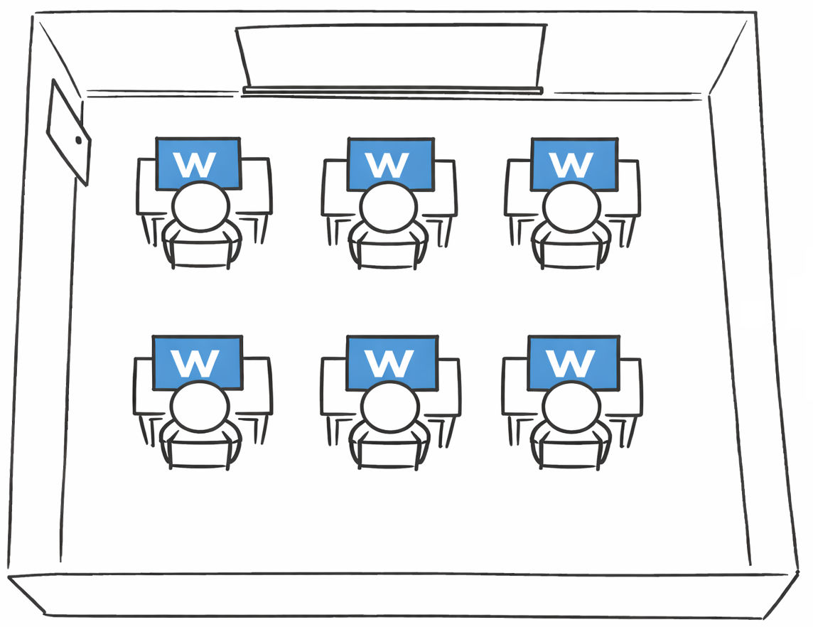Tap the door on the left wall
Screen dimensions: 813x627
(x=68, y=132)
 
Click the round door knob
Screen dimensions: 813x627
(x=79, y=140)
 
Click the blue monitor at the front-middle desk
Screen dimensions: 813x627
(x=390, y=162)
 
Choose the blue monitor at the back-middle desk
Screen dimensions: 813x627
(x=392, y=361)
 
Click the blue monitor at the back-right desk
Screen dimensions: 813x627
(x=574, y=361)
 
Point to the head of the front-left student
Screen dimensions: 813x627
(x=200, y=206)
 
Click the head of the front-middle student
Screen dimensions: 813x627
(x=388, y=206)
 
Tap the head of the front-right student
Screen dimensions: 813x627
(x=571, y=206)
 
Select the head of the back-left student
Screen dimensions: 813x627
(x=200, y=407)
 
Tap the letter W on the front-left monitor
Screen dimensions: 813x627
(x=195, y=164)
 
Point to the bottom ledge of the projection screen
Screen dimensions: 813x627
(x=392, y=91)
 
